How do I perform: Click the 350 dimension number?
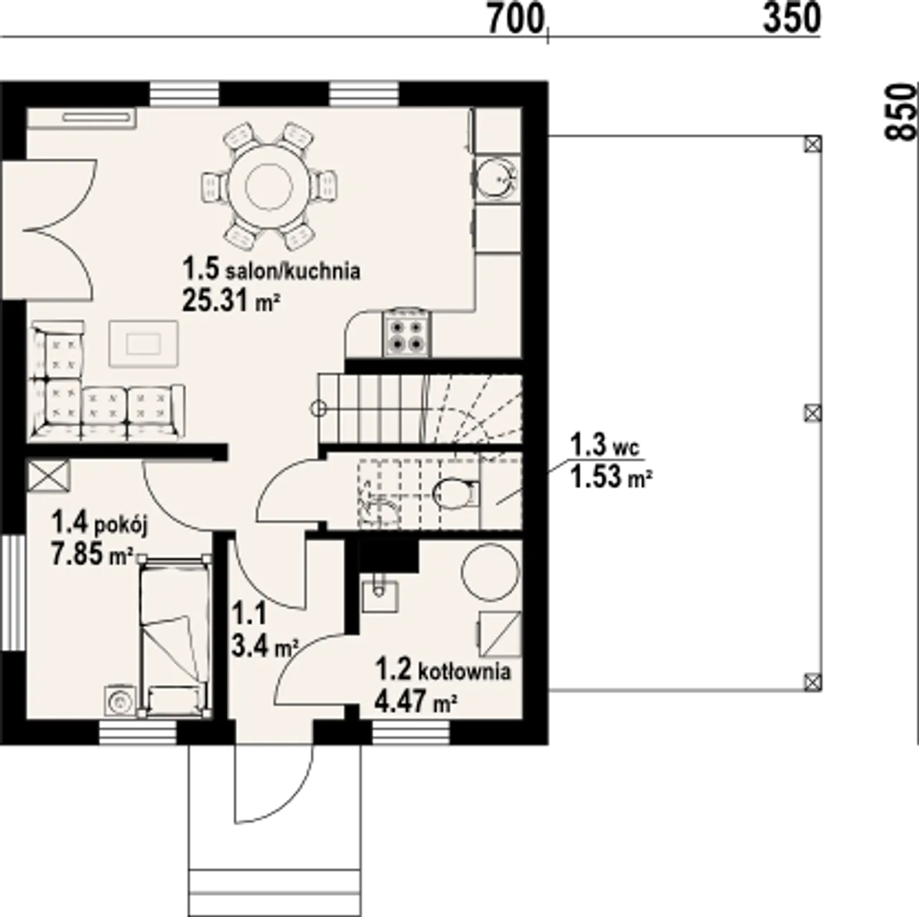coord(792,20)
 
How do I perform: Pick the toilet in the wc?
coord(455,492)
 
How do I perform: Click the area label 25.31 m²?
coord(230,301)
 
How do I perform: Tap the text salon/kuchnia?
coord(293,271)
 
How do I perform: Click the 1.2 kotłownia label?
coord(443,670)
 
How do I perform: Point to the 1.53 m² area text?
coord(612,478)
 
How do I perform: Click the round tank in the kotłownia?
coord(490,571)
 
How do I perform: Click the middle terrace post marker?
coord(813,413)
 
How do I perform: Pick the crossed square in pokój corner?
coord(50,475)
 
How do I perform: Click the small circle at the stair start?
coord(319,408)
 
